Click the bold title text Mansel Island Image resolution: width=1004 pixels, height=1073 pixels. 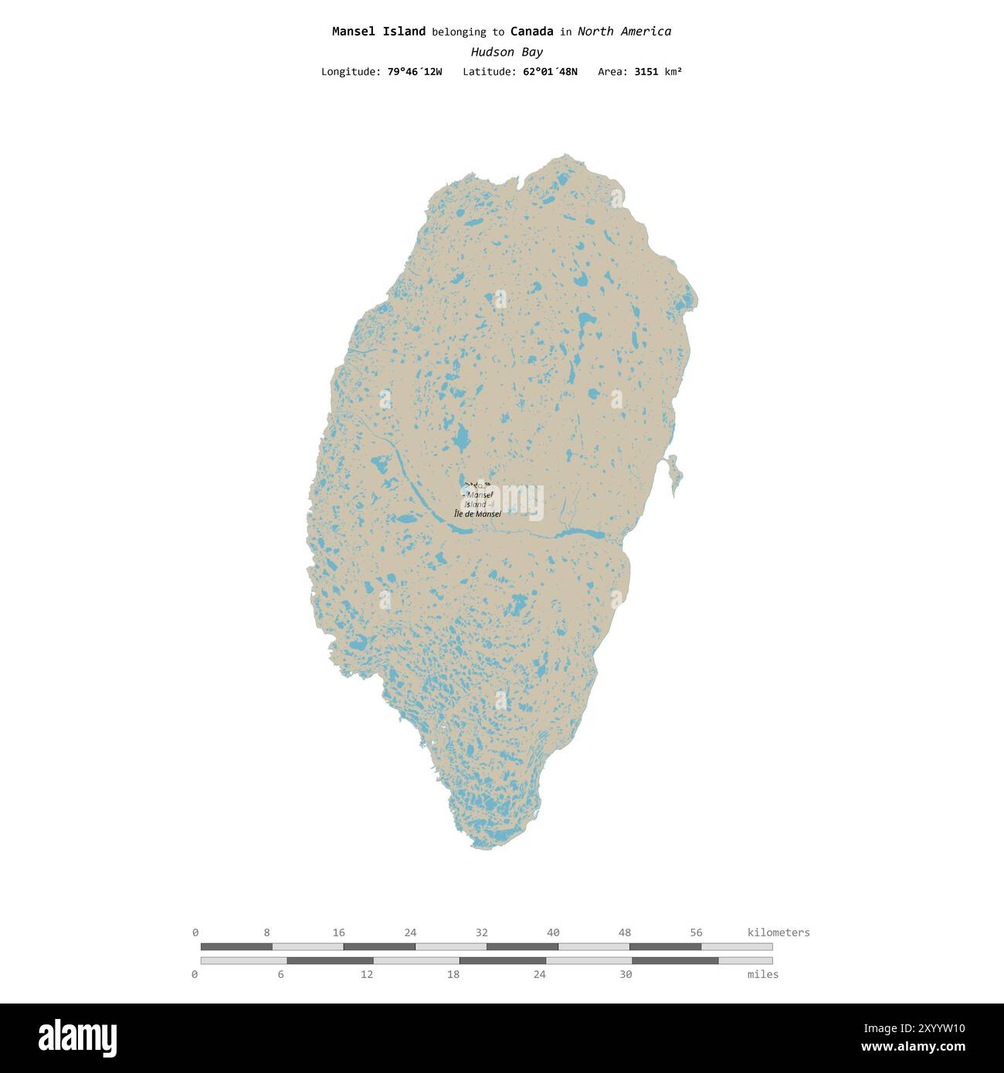(x=378, y=32)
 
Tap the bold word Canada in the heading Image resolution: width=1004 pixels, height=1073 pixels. (x=531, y=32)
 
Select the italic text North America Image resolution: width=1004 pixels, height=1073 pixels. (x=624, y=32)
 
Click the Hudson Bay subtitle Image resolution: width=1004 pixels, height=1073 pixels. (x=507, y=52)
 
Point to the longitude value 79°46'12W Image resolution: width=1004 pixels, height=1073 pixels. (x=415, y=72)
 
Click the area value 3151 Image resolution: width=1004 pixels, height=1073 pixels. (x=646, y=72)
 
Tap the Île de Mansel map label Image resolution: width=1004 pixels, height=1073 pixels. (x=477, y=514)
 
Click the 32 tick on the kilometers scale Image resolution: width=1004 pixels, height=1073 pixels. (x=482, y=933)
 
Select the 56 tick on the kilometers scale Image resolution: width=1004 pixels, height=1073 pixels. (x=696, y=933)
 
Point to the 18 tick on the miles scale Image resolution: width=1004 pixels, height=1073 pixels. (x=453, y=974)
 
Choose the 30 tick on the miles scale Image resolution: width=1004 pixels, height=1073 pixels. (x=626, y=974)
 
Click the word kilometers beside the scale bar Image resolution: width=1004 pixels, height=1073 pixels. (x=778, y=933)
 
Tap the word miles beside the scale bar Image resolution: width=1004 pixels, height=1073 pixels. (x=763, y=974)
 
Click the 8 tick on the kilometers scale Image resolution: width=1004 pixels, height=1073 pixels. (x=267, y=933)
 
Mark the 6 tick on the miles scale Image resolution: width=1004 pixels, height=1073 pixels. (x=281, y=974)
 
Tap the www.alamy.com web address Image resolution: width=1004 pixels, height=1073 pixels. (x=913, y=1048)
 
